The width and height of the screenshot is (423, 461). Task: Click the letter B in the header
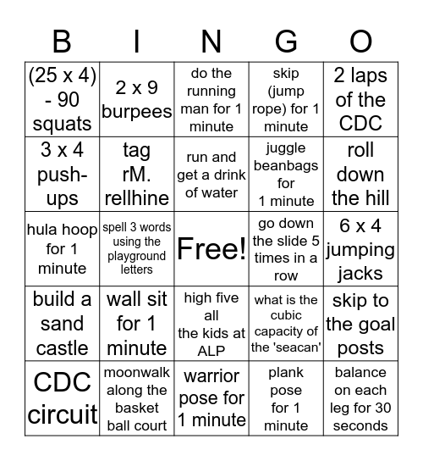coord(62,40)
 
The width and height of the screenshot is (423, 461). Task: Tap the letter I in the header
coord(137,40)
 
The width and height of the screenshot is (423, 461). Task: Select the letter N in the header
coord(211,40)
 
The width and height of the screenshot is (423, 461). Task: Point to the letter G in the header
coord(286,40)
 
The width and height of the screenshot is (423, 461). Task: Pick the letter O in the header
coord(360,40)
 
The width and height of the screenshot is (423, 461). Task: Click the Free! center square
coord(211,249)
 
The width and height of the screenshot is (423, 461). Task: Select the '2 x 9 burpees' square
coord(137,100)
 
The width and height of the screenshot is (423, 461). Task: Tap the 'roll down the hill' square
coord(360,175)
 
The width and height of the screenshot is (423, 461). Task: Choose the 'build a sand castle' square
coord(62,324)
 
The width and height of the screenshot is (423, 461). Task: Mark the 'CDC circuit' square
coord(62,398)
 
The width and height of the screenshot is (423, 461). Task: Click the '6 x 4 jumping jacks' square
coord(360,249)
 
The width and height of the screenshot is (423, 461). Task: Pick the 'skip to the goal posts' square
coord(360,324)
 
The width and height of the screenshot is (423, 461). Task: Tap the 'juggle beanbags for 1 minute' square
coord(286,175)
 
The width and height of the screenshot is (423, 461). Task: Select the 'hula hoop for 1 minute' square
coord(62,249)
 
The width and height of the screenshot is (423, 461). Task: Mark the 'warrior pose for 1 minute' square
coord(211,398)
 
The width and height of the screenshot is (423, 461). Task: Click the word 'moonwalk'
coord(137,373)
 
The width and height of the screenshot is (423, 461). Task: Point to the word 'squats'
coord(62,125)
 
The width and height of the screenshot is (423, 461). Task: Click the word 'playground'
coord(137,256)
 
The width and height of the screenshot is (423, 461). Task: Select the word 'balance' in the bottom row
coord(360,373)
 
